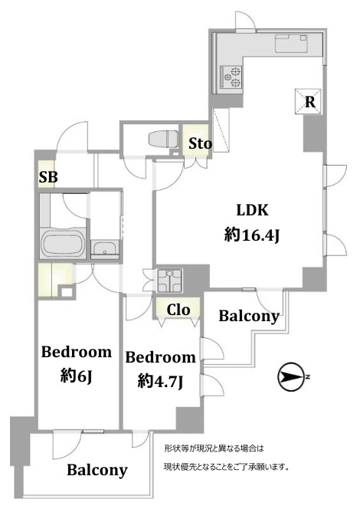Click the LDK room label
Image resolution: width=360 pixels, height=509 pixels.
click(252, 210)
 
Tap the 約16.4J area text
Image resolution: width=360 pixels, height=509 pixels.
click(252, 235)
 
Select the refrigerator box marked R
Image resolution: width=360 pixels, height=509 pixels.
click(308, 102)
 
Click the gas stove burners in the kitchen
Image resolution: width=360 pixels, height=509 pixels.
click(231, 77)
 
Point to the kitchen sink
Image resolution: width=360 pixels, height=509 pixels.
click(291, 44)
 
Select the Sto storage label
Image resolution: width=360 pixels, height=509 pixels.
click(200, 143)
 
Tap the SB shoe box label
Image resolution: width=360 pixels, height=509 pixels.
click(48, 177)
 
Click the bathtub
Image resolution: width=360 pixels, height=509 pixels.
click(64, 244)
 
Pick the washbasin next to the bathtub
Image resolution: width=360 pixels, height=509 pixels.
click(104, 249)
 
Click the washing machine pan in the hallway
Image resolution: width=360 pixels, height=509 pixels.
click(169, 280)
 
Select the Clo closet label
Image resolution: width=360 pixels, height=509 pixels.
click(178, 310)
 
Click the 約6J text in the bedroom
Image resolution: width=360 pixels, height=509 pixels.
click(77, 376)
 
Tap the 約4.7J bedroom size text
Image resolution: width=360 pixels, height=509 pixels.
click(161, 381)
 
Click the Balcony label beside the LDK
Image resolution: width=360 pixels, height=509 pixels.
click(249, 316)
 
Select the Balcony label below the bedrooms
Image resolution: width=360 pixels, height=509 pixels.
click(97, 470)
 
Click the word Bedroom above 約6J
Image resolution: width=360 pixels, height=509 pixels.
click(77, 352)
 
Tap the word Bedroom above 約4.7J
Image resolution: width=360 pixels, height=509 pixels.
click(161, 357)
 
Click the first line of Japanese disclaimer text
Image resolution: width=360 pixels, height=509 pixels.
click(214, 449)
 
